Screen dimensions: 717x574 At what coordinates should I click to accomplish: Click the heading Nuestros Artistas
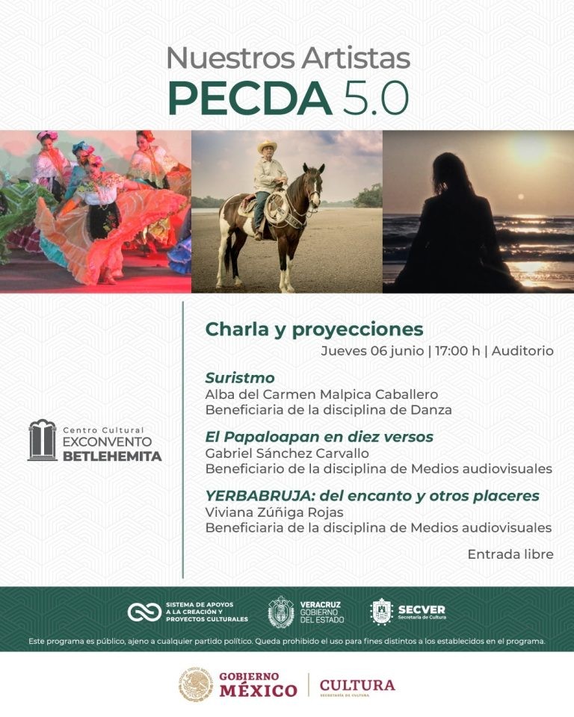coord(288,58)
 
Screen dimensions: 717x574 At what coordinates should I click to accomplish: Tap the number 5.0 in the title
coord(377,97)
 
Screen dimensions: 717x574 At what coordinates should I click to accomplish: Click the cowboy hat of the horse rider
coord(267,147)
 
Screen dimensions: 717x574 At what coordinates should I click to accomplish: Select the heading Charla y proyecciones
coord(314,329)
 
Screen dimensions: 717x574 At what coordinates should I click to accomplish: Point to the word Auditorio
coord(522,351)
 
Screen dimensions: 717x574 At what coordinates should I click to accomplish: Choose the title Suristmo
coord(240,378)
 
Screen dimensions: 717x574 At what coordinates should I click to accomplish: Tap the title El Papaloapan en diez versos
coord(319,437)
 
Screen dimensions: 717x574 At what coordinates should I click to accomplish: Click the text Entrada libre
coord(510,554)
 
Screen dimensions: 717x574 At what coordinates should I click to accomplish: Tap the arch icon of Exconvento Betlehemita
coord(42,441)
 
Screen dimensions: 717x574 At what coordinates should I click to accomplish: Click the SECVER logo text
coord(422,609)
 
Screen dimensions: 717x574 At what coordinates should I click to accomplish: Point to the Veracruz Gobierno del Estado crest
coord(281,612)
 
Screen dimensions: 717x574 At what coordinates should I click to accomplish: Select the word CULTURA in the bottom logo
coord(357,685)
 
